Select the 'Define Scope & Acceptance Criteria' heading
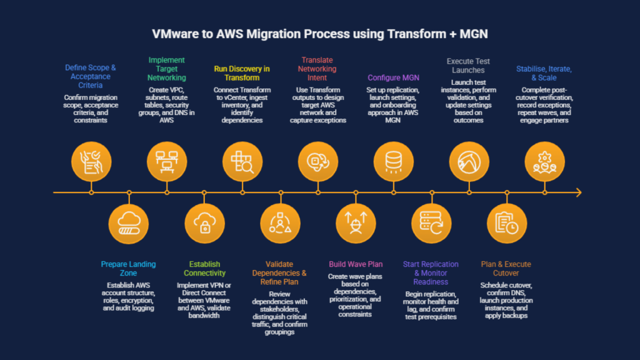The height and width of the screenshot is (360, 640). coord(91,76)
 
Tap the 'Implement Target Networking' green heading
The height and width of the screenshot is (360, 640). coord(167,69)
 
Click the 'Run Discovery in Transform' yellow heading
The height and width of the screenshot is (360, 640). coord(242,73)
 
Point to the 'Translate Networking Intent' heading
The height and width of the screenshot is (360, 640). coord(317,69)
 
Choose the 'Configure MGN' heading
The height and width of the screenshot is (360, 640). coord(393,77)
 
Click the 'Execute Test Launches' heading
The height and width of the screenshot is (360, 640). coord(469,66)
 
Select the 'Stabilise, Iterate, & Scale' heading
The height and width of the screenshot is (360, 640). coord(544,73)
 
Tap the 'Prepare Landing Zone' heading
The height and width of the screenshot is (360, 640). coord(128,268)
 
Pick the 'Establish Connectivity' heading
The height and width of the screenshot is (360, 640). coord(204,268)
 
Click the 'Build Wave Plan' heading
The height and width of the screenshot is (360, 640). coord(355,264)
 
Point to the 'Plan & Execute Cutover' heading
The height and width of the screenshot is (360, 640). coord(506,268)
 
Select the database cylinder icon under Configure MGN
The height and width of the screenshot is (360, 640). coord(394,161)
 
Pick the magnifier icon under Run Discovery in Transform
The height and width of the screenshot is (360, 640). coord(242,161)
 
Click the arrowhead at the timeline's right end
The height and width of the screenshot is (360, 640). coord(578,192)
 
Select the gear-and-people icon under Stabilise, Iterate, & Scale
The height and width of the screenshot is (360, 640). coord(544,161)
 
